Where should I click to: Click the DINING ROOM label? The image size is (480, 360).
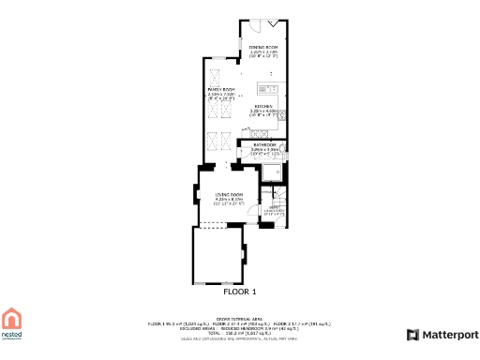point(263,46)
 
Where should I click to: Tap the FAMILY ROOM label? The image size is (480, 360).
point(220,88)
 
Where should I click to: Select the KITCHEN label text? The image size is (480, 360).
point(262,107)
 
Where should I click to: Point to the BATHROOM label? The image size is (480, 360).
point(263,144)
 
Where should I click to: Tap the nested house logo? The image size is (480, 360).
point(11,322)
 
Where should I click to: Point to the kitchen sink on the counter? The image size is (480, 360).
point(266,90)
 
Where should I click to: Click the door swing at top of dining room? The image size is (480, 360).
point(273,23)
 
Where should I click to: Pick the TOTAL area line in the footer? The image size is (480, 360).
point(226,332)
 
